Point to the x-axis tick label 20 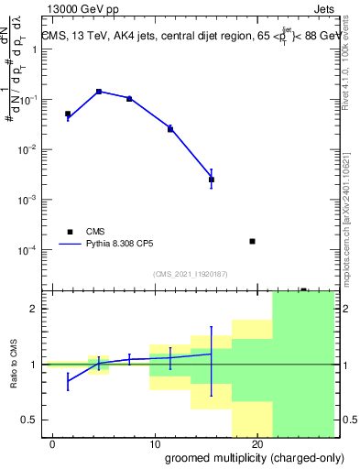[257, 444]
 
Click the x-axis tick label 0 [53, 444]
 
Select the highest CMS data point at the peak [99, 92]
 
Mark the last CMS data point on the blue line [212, 180]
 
